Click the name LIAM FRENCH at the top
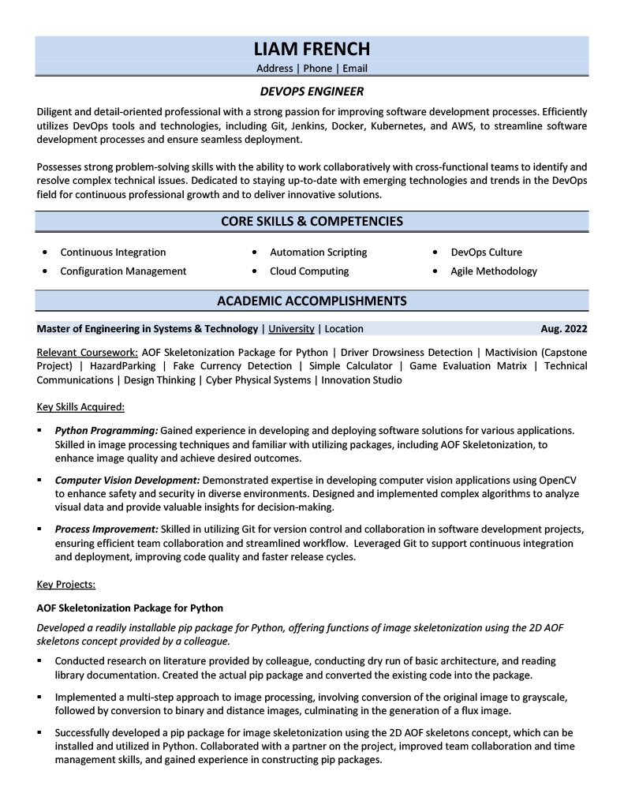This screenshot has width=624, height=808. (312, 49)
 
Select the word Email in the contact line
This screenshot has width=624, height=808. (355, 69)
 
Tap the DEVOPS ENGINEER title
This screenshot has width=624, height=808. (312, 92)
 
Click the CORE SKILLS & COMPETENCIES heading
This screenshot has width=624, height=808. (312, 222)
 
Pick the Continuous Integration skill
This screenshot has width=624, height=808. (113, 252)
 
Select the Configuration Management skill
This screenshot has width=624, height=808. (123, 271)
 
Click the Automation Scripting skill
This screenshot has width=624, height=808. (318, 252)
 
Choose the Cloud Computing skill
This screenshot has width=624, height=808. (309, 271)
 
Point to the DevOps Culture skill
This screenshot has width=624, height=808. (486, 252)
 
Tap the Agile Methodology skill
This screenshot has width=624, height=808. (494, 271)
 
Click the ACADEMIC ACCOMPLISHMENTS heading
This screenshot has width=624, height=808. (312, 301)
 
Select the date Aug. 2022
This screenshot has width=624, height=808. (563, 329)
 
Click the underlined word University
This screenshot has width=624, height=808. (291, 329)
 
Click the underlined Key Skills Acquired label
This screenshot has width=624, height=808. (80, 407)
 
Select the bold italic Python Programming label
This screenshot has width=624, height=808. (106, 431)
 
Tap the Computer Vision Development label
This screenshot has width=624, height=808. (127, 480)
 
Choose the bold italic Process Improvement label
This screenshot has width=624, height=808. (106, 529)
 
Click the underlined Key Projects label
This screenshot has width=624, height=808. (66, 585)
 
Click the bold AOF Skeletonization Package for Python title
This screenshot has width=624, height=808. (130, 608)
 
